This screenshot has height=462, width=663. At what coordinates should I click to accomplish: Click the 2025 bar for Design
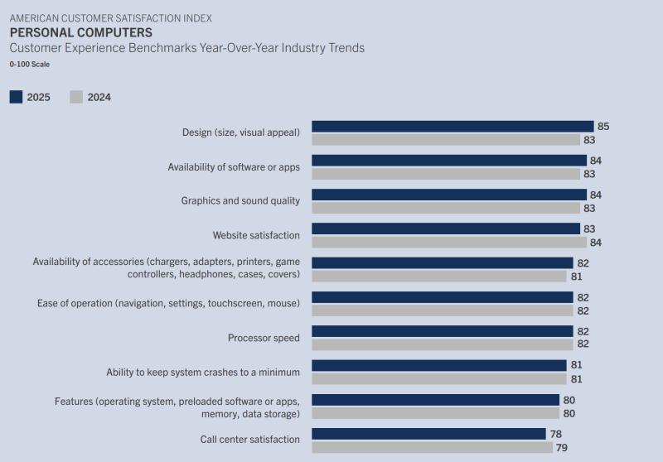coord(452,127)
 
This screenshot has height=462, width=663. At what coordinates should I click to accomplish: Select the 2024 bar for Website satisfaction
coord(449,242)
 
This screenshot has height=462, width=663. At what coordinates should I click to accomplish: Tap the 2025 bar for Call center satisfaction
coord(428,434)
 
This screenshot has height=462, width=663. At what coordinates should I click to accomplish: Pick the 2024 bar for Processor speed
coord(443,344)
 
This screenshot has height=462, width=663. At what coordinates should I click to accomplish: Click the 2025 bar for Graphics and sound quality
coord(449,195)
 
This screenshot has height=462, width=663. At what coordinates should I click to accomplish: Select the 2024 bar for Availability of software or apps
coord(446,174)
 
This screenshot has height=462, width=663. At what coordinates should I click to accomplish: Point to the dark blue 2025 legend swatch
coord(16,97)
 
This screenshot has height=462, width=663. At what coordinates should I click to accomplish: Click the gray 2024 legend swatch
coord(76,97)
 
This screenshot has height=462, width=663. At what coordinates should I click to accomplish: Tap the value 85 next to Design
coord(603,127)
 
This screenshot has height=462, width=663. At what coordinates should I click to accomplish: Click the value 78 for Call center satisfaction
coord(555,434)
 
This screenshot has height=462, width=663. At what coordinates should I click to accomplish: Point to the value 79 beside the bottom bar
coord(562,448)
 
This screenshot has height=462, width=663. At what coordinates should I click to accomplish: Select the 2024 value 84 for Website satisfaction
coord(597,242)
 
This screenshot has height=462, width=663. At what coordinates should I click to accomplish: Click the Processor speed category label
coord(264,338)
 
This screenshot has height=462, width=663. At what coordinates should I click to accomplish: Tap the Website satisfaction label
coord(256,235)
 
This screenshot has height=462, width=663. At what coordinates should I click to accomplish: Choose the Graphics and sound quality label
coord(240,200)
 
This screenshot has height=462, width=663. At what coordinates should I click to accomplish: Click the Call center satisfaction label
coord(249,440)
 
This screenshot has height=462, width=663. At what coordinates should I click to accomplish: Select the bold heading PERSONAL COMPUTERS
coord(81,32)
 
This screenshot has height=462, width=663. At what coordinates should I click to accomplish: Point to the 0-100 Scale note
coord(30,64)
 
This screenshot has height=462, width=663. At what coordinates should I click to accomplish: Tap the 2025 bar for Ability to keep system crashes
coord(439,365)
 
